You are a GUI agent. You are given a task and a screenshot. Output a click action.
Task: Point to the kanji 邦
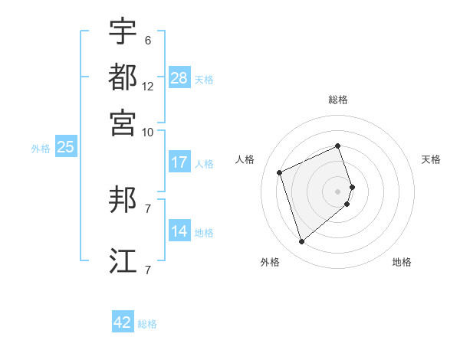pyautogui.click(x=123, y=201)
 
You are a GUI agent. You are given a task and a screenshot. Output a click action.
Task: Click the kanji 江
pyautogui.click(x=123, y=260)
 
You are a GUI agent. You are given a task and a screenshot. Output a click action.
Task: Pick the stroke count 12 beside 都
pyautogui.click(x=148, y=87)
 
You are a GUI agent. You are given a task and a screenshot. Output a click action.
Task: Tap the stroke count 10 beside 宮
pyautogui.click(x=148, y=132)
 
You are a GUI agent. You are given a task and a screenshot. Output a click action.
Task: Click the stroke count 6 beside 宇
pyautogui.click(x=148, y=41)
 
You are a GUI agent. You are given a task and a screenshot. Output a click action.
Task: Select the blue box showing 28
pyautogui.click(x=179, y=78)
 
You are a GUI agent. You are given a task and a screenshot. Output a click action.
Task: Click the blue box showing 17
pyautogui.click(x=179, y=162)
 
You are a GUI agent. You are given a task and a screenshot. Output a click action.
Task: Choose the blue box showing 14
pyautogui.click(x=179, y=231)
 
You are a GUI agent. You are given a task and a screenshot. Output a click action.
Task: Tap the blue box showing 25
pyautogui.click(x=65, y=148)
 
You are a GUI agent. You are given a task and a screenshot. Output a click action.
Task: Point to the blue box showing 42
pyautogui.click(x=123, y=322)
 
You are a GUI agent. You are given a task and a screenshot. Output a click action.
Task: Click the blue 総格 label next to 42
pyautogui.click(x=147, y=324)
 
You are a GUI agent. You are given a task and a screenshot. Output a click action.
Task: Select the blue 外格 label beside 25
pyautogui.click(x=40, y=149)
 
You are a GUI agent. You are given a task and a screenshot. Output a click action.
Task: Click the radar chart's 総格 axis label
pyautogui.click(x=338, y=100)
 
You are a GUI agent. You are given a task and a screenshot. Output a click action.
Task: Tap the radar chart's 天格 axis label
pyautogui.click(x=431, y=159)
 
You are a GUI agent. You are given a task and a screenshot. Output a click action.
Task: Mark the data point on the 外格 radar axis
pyautogui.click(x=301, y=242)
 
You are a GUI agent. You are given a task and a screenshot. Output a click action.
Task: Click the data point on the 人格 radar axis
pyautogui.click(x=280, y=172)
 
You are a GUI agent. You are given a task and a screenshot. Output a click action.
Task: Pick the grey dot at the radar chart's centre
pyautogui.click(x=338, y=191)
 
